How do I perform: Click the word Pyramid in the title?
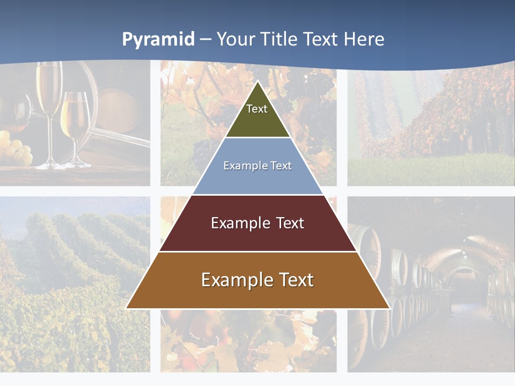(158, 40)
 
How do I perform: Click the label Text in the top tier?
(257, 109)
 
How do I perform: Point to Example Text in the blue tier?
(257, 166)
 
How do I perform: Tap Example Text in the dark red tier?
(257, 223)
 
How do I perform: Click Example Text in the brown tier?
(257, 280)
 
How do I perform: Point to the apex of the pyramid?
(258, 81)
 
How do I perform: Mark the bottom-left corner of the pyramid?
(127, 308)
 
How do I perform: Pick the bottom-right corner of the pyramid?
(389, 308)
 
